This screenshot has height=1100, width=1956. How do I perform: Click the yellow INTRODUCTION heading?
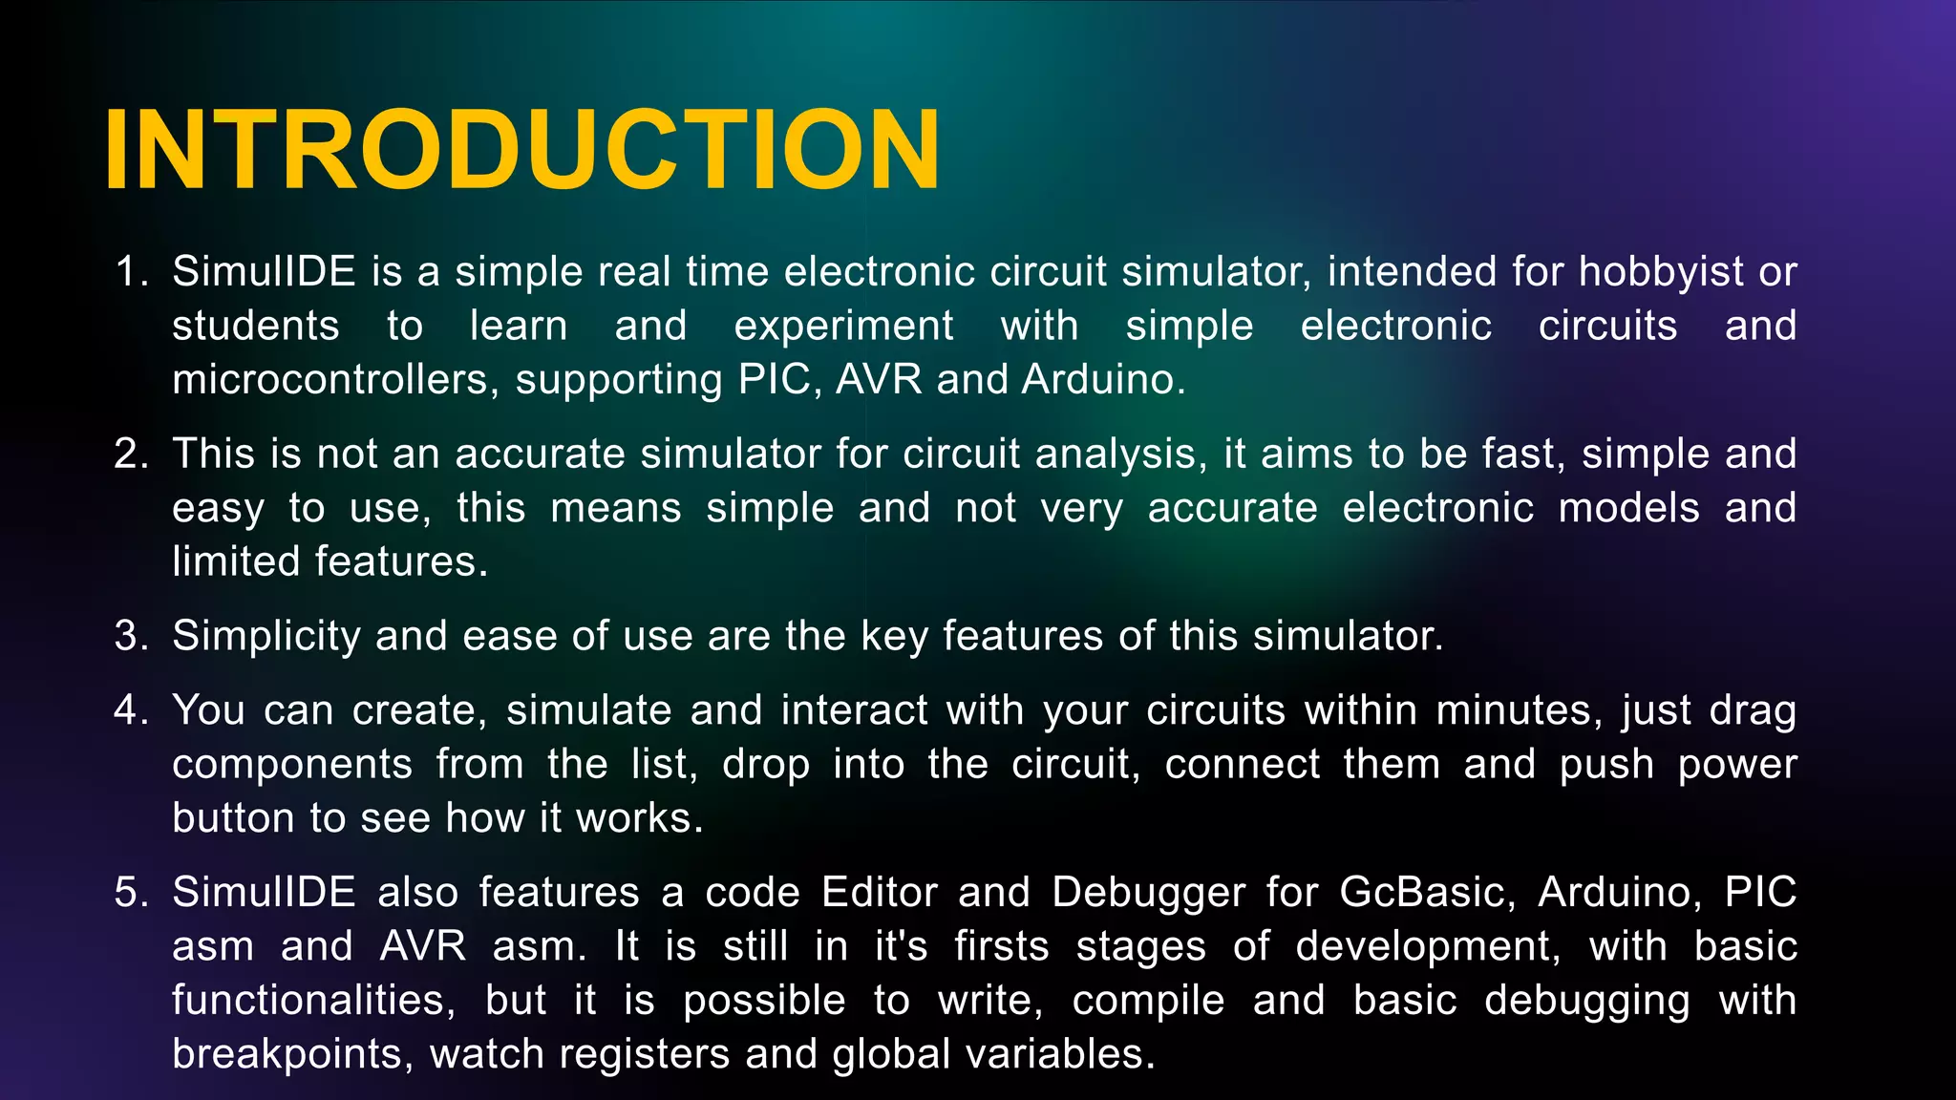click(522, 151)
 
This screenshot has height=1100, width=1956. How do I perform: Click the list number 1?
click(130, 272)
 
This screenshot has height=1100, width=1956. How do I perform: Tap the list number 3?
click(130, 636)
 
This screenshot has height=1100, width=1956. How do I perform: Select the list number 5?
click(130, 893)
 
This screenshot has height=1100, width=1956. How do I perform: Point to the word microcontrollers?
click(335, 380)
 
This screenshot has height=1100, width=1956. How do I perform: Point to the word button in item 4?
click(234, 818)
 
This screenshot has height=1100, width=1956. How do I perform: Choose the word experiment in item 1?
click(843, 327)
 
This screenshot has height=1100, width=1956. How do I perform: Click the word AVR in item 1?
click(879, 380)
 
